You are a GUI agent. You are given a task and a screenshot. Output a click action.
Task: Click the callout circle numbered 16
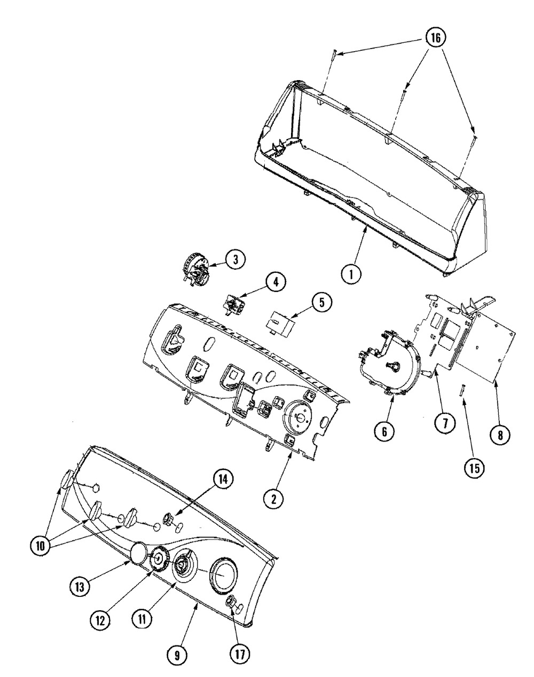pyautogui.click(x=435, y=38)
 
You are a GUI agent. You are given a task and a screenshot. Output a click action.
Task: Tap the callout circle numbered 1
pyautogui.click(x=351, y=275)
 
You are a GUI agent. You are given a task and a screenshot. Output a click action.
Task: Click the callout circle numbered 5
pyautogui.click(x=320, y=303)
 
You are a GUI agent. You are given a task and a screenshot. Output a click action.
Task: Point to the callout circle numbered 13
pyautogui.click(x=80, y=585)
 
